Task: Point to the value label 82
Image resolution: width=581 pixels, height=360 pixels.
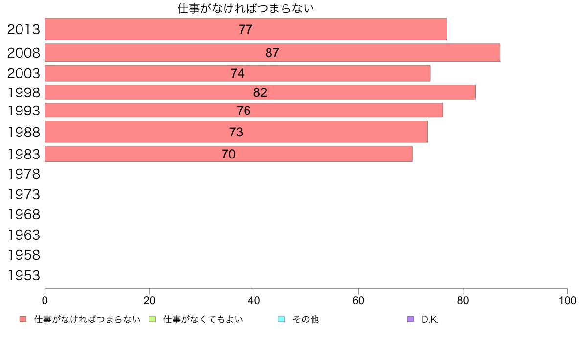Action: tap(260, 92)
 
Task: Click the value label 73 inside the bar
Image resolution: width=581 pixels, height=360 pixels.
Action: tap(236, 132)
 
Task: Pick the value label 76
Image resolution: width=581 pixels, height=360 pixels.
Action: tap(244, 111)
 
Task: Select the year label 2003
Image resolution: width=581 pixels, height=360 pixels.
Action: tap(23, 73)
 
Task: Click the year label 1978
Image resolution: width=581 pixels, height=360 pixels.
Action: tap(23, 174)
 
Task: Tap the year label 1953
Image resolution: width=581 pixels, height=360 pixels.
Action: tap(23, 276)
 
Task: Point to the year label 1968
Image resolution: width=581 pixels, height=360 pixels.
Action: tap(23, 214)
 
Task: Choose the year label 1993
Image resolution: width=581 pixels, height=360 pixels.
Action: tap(23, 111)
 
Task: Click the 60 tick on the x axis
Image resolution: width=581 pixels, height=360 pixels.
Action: tap(358, 300)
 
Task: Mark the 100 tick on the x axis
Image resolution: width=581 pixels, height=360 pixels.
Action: tap(567, 300)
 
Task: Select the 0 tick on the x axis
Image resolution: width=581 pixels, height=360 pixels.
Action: tap(45, 300)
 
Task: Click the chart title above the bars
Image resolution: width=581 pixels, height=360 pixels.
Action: tap(246, 8)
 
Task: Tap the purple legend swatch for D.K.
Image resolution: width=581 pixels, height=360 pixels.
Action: tap(410, 319)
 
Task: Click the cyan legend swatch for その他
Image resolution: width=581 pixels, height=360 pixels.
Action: tap(281, 319)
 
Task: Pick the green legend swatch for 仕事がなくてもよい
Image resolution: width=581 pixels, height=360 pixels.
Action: tap(152, 319)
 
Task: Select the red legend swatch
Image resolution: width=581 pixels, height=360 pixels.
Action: tap(22, 319)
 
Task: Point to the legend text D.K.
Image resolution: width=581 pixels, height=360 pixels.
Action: tap(430, 319)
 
